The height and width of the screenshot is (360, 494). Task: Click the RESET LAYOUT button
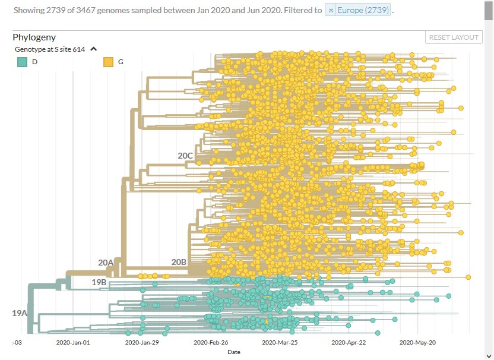tap(454, 37)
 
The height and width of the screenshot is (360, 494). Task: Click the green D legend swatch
tap(23, 62)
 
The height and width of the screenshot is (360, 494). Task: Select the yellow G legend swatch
tap(108, 62)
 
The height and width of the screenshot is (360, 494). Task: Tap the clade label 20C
tap(185, 156)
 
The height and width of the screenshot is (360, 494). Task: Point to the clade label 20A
tap(106, 262)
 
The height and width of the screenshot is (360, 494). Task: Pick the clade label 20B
tap(179, 262)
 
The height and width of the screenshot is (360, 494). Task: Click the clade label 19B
tap(99, 282)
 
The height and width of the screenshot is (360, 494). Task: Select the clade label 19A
tap(20, 313)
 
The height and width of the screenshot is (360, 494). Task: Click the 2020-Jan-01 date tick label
tap(73, 342)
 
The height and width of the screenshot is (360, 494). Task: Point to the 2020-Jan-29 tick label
tap(142, 342)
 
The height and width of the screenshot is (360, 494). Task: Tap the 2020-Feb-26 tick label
tap(211, 342)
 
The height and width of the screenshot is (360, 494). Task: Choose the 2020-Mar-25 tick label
tap(280, 342)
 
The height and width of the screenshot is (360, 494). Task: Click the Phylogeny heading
tap(34, 37)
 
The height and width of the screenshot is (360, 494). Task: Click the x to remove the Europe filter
tap(331, 11)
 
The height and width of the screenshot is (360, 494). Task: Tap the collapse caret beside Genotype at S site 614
tap(93, 49)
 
